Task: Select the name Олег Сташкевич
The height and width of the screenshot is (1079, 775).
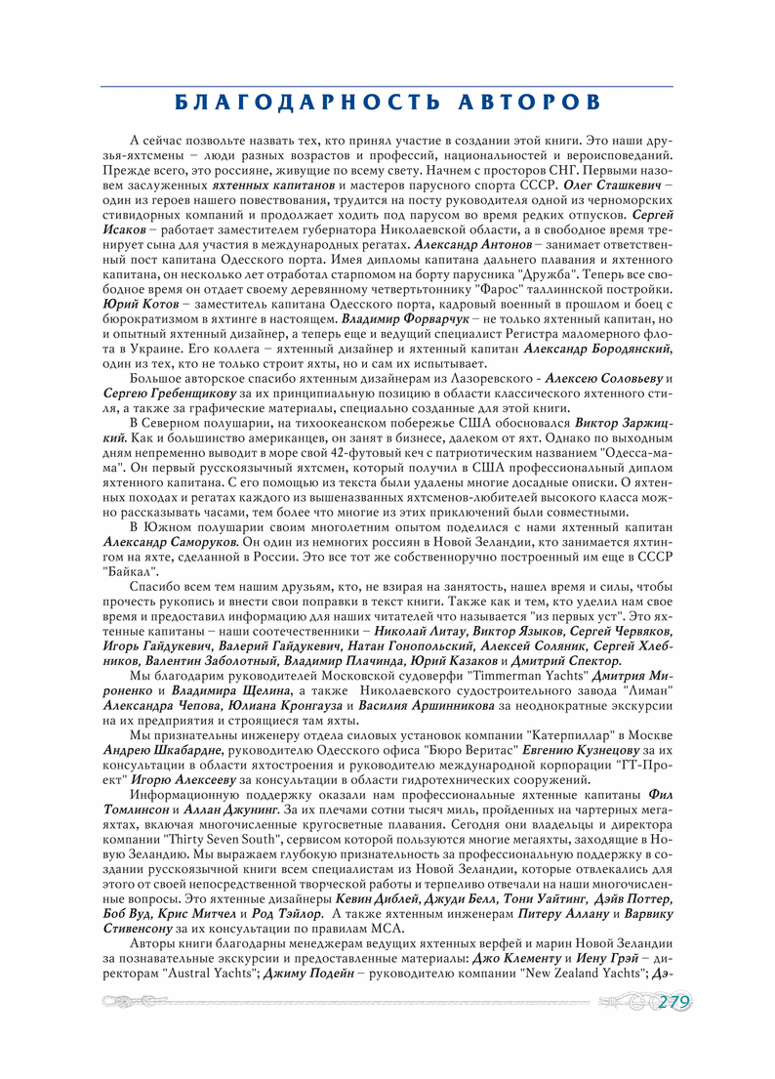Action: coord(613,185)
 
